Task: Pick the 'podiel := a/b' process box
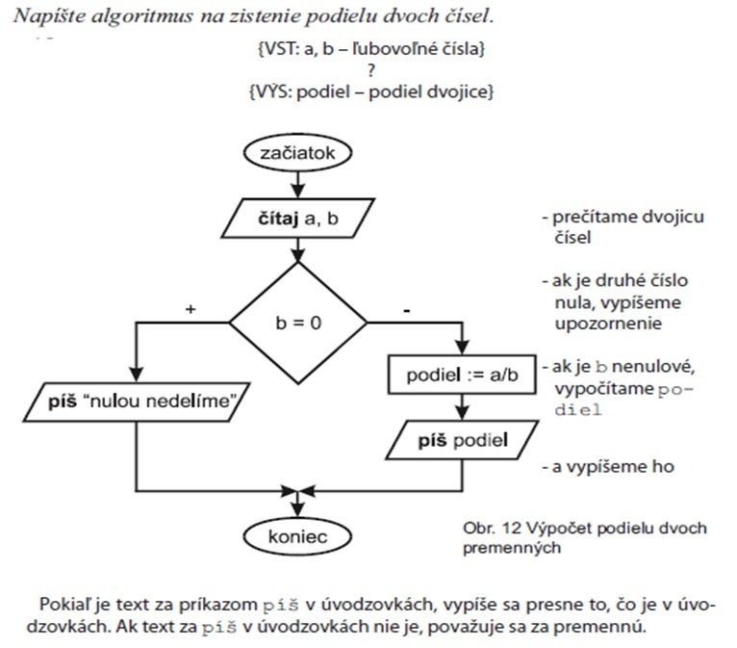(x=461, y=375)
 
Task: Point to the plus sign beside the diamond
(x=191, y=310)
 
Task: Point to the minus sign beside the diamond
(x=407, y=310)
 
